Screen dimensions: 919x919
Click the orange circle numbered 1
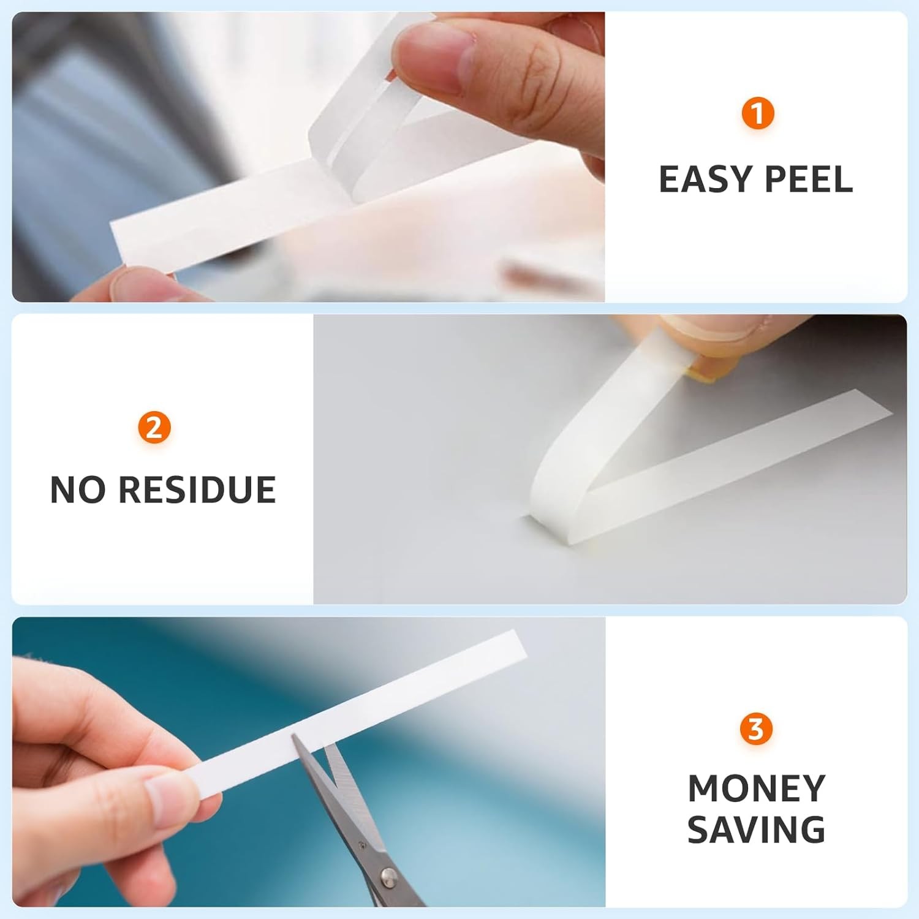click(x=758, y=114)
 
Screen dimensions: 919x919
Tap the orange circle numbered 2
click(x=154, y=427)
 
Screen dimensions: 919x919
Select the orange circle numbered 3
click(x=756, y=729)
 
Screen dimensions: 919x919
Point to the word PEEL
click(x=809, y=180)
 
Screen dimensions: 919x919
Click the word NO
click(x=78, y=490)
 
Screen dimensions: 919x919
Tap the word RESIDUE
click(x=197, y=490)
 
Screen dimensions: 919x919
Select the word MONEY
click(x=757, y=789)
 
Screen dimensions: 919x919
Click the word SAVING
click(x=756, y=830)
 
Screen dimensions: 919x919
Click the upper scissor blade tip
click(x=295, y=738)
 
